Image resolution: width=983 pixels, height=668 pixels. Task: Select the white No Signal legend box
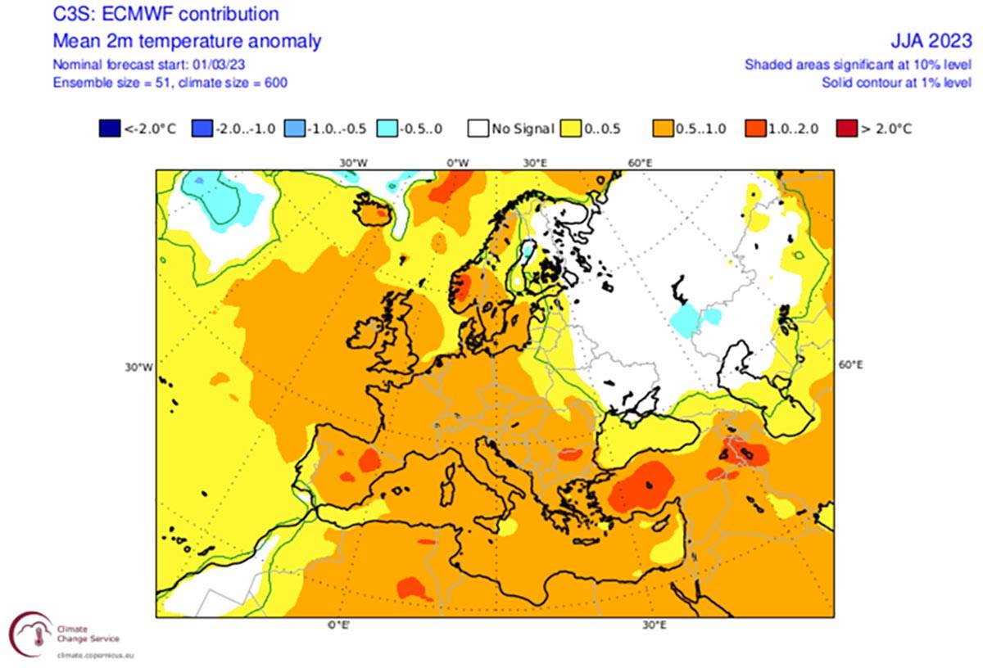point(478,129)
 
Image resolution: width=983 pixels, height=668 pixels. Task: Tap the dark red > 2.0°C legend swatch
point(845,129)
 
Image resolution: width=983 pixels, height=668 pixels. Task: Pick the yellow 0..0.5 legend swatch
point(571,129)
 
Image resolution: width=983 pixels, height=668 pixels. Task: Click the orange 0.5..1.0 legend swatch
point(663,129)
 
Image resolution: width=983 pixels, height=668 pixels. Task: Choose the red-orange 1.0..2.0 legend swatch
point(755,129)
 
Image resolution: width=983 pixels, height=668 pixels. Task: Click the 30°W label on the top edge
point(352,163)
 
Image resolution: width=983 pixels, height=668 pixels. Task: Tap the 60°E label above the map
point(639,163)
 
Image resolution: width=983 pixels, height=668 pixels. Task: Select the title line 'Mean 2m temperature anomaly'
point(187,41)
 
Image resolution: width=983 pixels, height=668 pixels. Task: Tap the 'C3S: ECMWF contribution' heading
point(165,15)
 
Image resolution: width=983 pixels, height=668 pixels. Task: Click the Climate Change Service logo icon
point(31,634)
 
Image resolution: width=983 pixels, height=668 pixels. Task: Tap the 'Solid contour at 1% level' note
point(897,83)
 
